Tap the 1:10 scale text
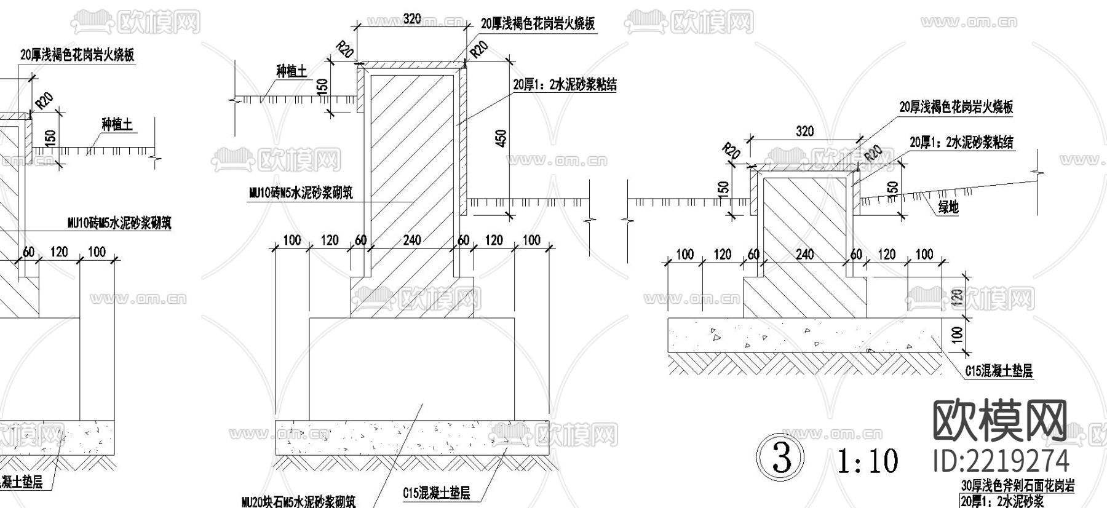coord(868,461)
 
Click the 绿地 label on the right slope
coord(948,208)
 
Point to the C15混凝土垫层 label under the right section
coord(998,371)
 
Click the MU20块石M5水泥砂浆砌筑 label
coord(298,501)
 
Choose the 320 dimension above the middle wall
coord(411,19)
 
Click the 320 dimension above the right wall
coord(804,131)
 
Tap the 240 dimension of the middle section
coord(411,240)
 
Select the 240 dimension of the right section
coord(804,254)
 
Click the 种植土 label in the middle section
coord(292,71)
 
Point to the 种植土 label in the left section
coord(117,125)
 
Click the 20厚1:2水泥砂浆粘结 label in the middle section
coord(565,85)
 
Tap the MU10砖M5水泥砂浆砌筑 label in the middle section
coord(301,193)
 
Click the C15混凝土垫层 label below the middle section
coord(437,493)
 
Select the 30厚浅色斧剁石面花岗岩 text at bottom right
coord(1017,486)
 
